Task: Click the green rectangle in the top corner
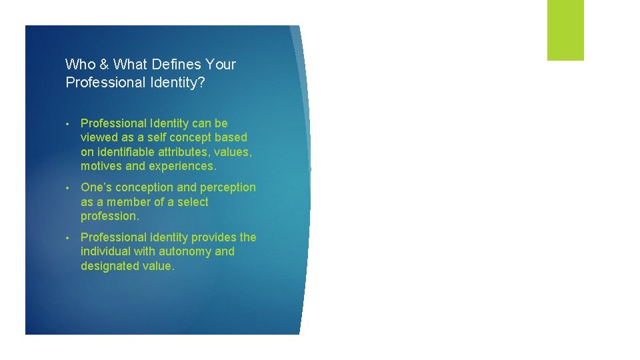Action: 565,30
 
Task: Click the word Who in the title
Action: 79,65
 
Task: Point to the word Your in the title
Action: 221,65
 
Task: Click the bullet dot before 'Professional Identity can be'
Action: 69,124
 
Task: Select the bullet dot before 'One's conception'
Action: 69,188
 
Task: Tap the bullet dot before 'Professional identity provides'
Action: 69,238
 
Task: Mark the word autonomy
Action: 187,251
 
